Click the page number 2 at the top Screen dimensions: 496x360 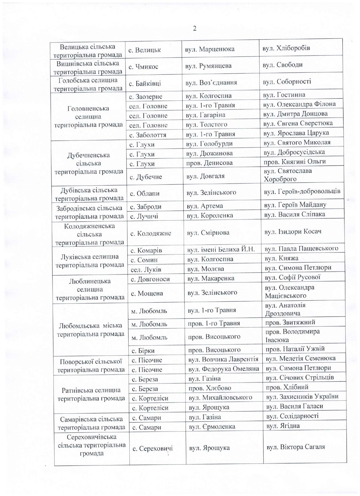coord(194,29)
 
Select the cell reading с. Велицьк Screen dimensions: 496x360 coord(145,50)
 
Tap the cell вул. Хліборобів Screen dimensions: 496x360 coord(286,48)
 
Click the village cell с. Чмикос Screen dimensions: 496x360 coord(144,67)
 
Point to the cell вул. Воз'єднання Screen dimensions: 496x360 coord(211,83)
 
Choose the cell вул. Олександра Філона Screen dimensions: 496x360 coord(299,104)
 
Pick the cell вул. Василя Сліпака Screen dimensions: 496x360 coord(294,214)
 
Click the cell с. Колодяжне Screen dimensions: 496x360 coord(151,233)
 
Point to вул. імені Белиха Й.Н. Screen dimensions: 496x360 coord(221,249)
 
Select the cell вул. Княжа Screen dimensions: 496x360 coord(281,258)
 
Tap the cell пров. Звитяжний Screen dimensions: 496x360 coord(290,322)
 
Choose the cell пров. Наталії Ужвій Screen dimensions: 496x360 coord(295,349)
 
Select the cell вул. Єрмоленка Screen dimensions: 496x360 coord(212,426)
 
